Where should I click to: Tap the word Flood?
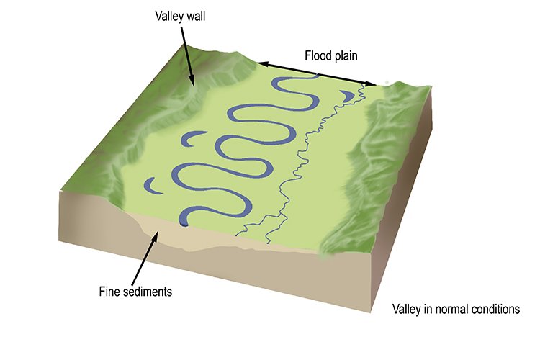pyautogui.click(x=318, y=55)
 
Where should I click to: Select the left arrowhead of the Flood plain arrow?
pyautogui.click(x=261, y=64)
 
